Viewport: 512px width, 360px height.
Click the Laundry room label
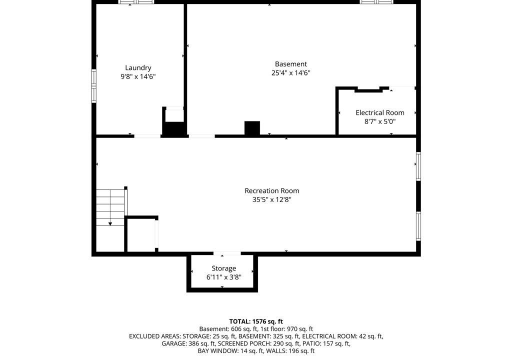pyautogui.click(x=138, y=68)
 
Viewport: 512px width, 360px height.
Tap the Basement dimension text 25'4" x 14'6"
pyautogui.click(x=290, y=73)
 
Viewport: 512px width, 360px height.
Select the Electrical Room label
pyautogui.click(x=380, y=112)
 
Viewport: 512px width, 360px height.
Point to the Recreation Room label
pyautogui.click(x=271, y=191)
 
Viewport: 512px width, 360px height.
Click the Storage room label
pyautogui.click(x=223, y=268)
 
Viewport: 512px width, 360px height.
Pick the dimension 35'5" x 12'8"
pyautogui.click(x=271, y=199)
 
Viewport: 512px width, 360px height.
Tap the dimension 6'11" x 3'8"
pyautogui.click(x=223, y=277)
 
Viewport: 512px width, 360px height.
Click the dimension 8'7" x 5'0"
pyautogui.click(x=380, y=122)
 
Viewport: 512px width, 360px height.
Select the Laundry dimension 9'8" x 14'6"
pyautogui.click(x=138, y=77)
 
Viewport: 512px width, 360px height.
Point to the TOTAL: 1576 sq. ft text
pyautogui.click(x=256, y=321)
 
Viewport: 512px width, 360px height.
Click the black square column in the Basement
pyautogui.click(x=252, y=127)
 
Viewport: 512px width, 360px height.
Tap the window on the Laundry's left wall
pyautogui.click(x=93, y=86)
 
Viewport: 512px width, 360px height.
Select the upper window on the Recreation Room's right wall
pyautogui.click(x=418, y=166)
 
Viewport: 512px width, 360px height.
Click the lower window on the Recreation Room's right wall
pyautogui.click(x=418, y=226)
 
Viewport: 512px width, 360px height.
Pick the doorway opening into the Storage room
pyautogui.click(x=227, y=253)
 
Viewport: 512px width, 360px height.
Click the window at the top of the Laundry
pyautogui.click(x=136, y=2)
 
